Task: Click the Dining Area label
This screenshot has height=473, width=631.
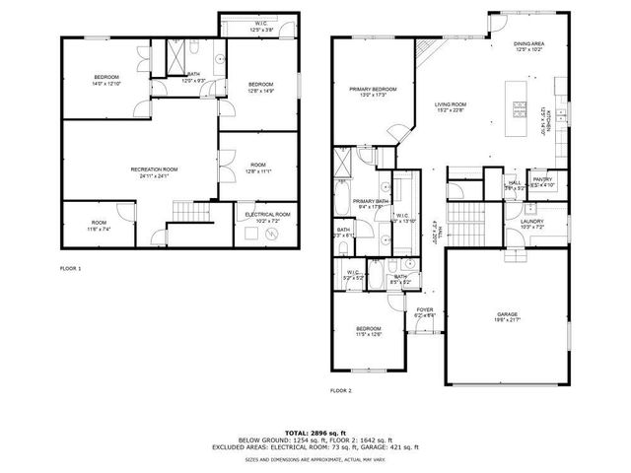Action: tap(530, 43)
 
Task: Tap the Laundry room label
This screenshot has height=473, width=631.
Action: tap(532, 222)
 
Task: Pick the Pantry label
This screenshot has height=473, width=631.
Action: tap(542, 178)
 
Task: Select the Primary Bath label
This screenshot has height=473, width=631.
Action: tap(369, 201)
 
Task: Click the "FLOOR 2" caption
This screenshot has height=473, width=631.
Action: tap(341, 390)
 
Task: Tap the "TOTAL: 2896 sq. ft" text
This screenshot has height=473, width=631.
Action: tap(315, 433)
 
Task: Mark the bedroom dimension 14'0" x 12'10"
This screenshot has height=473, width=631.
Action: tap(107, 84)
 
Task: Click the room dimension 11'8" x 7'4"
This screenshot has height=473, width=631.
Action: tap(100, 228)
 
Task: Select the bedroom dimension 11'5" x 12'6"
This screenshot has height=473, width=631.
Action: tap(369, 334)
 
